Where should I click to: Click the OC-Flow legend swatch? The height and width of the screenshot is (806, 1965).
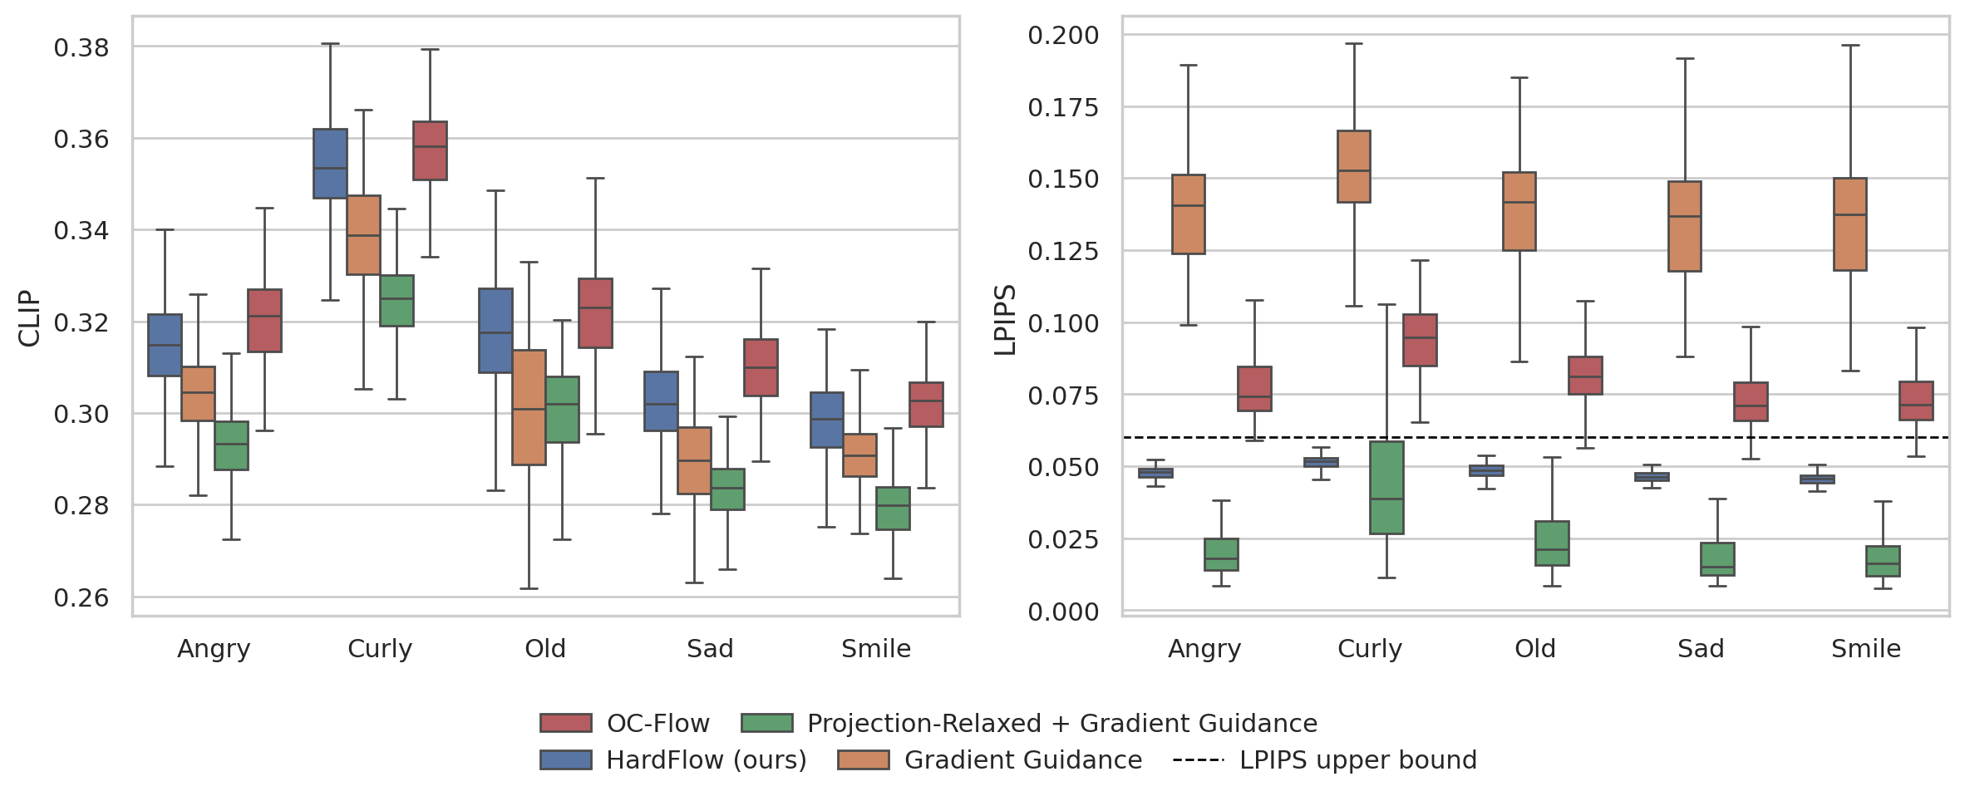(x=565, y=723)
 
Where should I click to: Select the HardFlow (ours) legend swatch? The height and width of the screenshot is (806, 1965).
(x=565, y=759)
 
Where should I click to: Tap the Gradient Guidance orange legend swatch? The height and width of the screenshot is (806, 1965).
(x=863, y=759)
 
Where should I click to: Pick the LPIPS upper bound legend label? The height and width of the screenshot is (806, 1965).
(x=1358, y=759)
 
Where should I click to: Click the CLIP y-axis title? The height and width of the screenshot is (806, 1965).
(x=29, y=317)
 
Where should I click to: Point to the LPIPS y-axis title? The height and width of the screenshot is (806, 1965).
(x=1006, y=320)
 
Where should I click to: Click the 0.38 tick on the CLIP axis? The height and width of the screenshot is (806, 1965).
(x=81, y=48)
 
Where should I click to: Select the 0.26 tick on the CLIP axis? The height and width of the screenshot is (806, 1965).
(x=81, y=597)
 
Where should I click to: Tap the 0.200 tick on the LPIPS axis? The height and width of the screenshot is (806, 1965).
(x=1063, y=35)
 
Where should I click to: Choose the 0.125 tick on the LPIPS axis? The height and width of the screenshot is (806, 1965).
(x=1063, y=251)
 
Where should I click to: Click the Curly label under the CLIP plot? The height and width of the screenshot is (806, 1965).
(x=380, y=648)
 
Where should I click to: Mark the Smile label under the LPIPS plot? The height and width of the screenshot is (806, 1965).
(x=1866, y=648)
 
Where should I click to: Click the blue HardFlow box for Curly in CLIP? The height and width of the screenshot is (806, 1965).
(x=330, y=164)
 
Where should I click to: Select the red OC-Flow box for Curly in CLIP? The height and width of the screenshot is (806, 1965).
(x=430, y=150)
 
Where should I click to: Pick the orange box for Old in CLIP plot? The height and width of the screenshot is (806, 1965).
(x=529, y=407)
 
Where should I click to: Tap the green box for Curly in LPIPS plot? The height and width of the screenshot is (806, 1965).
(x=1386, y=487)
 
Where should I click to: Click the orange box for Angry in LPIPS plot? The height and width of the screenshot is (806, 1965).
(x=1188, y=214)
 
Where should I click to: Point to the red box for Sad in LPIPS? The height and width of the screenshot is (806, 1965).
(x=1751, y=401)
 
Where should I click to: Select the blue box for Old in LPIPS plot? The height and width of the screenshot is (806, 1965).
(x=1486, y=470)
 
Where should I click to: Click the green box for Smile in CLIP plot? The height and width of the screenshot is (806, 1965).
(x=893, y=508)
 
